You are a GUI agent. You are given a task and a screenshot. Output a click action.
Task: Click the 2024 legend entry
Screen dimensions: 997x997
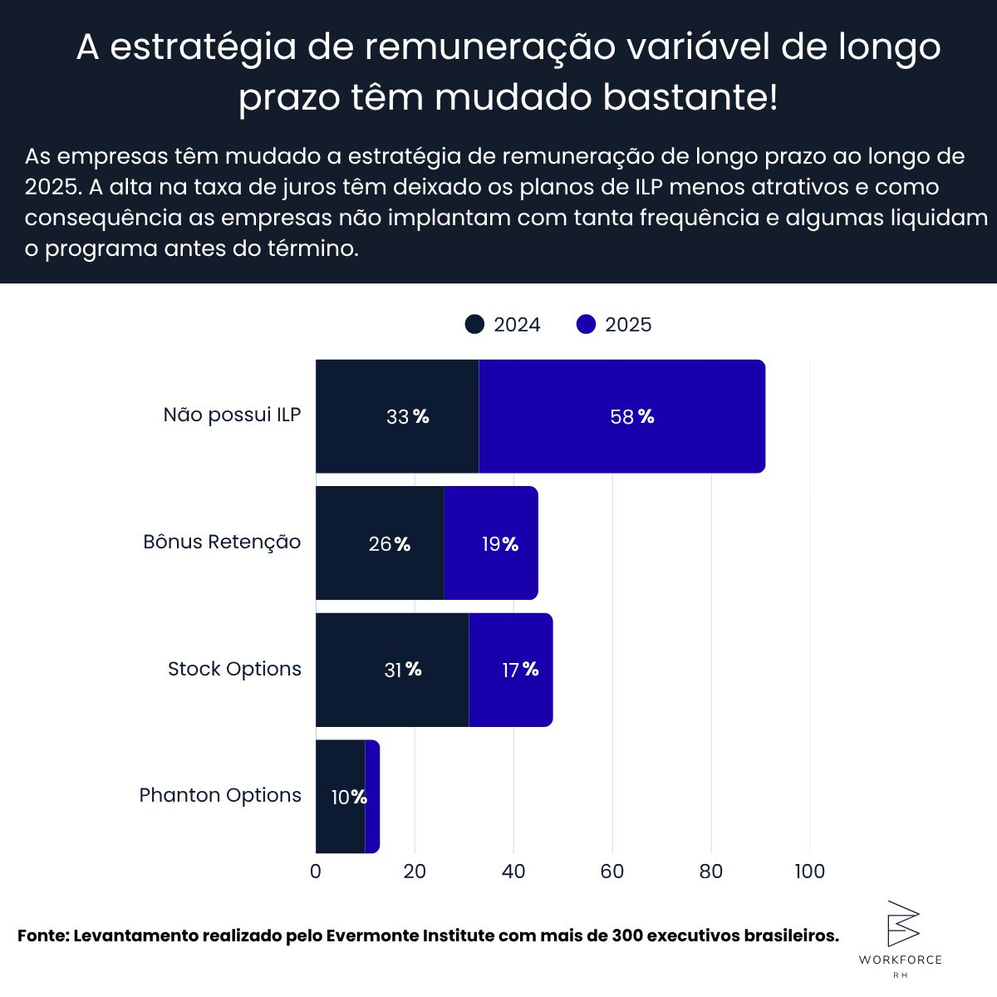pyautogui.click(x=503, y=325)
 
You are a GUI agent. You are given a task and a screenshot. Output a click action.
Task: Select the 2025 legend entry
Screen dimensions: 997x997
pyautogui.click(x=615, y=325)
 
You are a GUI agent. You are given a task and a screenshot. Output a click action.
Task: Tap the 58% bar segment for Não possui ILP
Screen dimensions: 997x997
pyautogui.click(x=621, y=416)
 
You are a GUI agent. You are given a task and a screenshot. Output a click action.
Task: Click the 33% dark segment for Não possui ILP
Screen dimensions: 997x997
pyautogui.click(x=397, y=416)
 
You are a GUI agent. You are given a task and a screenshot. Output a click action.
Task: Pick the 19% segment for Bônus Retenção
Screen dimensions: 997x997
pyautogui.click(x=491, y=543)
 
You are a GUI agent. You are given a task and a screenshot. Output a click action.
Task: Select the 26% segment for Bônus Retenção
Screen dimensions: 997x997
pyautogui.click(x=380, y=543)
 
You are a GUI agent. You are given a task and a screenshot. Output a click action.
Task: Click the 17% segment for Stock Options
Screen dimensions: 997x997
pyautogui.click(x=511, y=670)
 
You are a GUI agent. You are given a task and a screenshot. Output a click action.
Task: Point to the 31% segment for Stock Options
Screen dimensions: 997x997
pyautogui.click(x=392, y=670)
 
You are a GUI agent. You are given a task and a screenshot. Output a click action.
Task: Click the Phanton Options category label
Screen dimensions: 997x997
pyautogui.click(x=220, y=795)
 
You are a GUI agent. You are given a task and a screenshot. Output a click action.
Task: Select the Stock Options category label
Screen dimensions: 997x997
pyautogui.click(x=234, y=669)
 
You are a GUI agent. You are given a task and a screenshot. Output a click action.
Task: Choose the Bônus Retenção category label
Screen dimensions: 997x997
pyautogui.click(x=222, y=542)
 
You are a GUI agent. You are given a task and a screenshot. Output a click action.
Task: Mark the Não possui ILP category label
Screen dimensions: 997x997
pyautogui.click(x=232, y=415)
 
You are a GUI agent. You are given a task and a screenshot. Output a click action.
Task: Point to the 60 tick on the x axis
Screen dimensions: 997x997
pyautogui.click(x=612, y=871)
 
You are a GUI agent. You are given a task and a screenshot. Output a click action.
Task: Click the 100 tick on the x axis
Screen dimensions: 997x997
pyautogui.click(x=809, y=871)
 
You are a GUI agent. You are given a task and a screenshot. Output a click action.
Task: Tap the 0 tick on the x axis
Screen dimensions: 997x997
pyautogui.click(x=316, y=871)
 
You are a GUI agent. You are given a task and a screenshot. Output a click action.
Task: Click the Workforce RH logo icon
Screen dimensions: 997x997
pyautogui.click(x=902, y=923)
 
